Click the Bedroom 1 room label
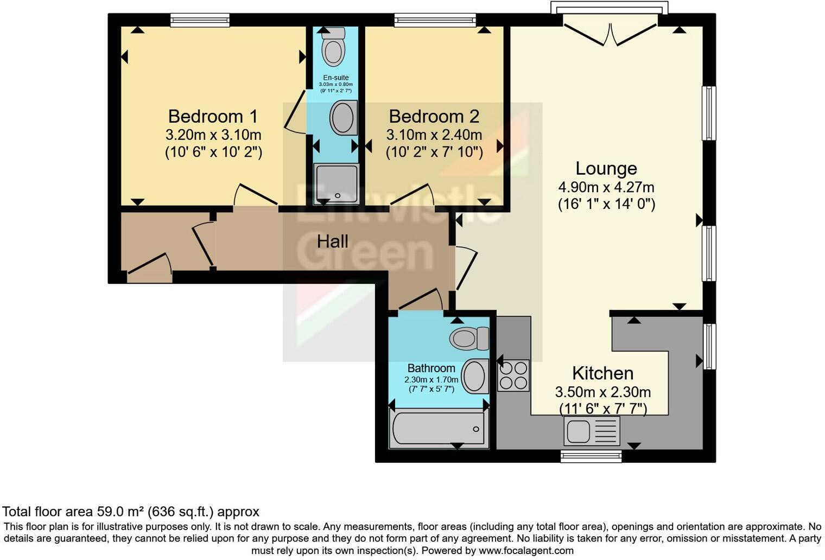click(213, 117)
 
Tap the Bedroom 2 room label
click(434, 117)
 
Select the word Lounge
click(606, 169)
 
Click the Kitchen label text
click(602, 373)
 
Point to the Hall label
click(332, 241)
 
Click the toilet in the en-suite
click(333, 47)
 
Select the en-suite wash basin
click(344, 118)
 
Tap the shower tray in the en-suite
click(337, 183)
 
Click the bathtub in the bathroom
click(439, 429)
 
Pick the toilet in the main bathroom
click(468, 339)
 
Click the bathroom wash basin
click(474, 376)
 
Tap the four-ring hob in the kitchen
click(513, 376)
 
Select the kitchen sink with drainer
click(591, 431)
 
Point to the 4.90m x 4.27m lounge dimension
click(606, 188)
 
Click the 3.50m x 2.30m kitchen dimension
click(602, 392)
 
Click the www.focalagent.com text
click(525, 551)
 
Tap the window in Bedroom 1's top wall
click(200, 21)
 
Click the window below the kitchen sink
click(591, 456)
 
